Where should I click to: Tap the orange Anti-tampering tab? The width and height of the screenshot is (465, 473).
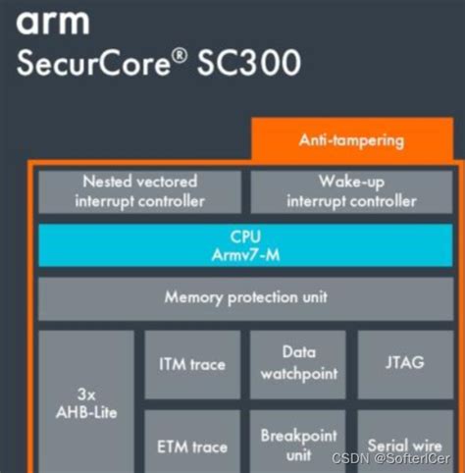coord(350,140)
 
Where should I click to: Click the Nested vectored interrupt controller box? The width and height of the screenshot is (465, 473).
coord(139,191)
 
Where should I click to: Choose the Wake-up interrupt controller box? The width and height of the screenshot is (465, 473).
coord(351,191)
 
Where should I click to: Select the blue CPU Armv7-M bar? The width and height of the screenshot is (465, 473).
coord(245,245)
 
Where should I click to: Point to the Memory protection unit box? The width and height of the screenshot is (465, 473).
coord(245,296)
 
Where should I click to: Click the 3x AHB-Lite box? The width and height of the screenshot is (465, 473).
coord(86,402)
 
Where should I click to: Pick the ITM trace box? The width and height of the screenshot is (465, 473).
coord(192,364)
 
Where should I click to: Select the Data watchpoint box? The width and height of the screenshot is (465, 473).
coord(297,362)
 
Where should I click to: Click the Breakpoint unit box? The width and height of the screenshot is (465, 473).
coord(297,444)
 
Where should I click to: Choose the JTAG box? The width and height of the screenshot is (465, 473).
coord(405,363)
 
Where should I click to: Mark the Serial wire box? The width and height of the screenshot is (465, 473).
coord(405,444)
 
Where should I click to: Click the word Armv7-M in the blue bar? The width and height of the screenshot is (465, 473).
coord(245,254)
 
